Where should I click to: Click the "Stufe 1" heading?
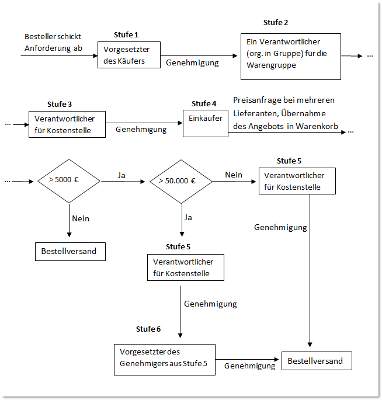pos(126,35)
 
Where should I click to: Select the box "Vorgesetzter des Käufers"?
pos(129,55)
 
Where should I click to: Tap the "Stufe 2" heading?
pos(276,23)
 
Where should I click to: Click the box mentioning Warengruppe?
pos(291,55)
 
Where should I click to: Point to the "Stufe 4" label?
pos(204,103)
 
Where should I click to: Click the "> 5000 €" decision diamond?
pos(70,180)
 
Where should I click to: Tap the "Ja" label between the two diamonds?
pos(121,175)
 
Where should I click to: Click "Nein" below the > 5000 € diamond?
pos(81,218)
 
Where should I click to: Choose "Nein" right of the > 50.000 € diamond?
pos(234,175)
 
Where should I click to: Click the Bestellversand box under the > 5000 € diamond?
pos(69,252)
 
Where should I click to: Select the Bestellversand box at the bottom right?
pos(316,361)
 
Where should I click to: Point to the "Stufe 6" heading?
pos(148,329)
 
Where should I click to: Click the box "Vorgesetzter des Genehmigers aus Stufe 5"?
pos(165,359)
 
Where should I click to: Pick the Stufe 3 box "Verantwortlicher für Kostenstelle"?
pos(67,124)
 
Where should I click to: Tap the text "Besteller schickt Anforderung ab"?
pos(54,42)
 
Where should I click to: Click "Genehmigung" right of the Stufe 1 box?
pos(192,62)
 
